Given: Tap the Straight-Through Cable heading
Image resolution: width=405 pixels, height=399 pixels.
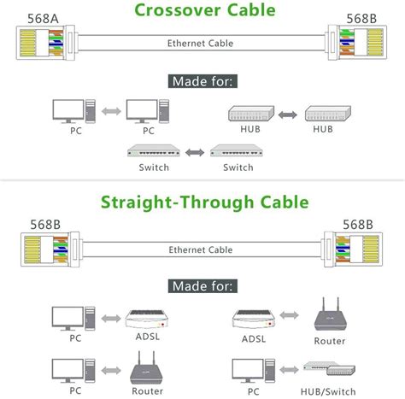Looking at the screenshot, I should [x=202, y=203].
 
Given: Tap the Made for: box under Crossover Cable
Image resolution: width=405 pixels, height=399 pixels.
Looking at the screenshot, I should [x=202, y=82].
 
